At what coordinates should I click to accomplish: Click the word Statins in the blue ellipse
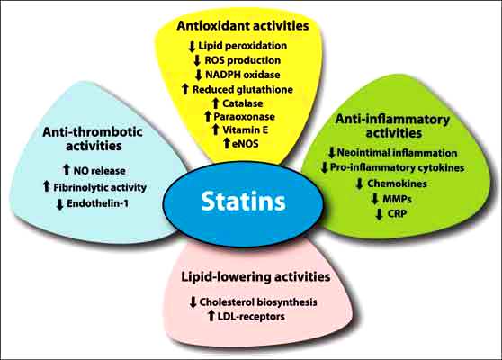[243, 202]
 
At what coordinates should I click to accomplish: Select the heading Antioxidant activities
[243, 26]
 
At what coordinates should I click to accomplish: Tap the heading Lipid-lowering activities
[255, 276]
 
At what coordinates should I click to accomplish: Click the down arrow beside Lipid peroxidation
[192, 47]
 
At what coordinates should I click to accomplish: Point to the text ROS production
[243, 60]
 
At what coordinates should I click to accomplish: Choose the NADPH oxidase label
[243, 75]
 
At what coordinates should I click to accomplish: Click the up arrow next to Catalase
[216, 103]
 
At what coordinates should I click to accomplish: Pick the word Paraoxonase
[245, 117]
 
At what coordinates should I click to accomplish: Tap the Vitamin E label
[246, 130]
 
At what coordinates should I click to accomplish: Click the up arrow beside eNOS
[227, 143]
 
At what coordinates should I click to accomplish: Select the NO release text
[99, 171]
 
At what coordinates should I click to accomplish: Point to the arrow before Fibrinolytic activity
[47, 186]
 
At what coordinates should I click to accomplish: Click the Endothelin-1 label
[98, 203]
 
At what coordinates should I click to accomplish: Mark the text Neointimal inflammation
[397, 153]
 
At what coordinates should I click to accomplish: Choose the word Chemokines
[397, 184]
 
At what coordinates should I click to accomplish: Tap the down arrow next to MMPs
[374, 199]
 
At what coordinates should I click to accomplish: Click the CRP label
[397, 213]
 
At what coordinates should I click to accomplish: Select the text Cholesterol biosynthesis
[258, 302]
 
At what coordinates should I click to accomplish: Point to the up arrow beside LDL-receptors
[211, 316]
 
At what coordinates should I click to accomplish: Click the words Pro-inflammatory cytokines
[397, 167]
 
